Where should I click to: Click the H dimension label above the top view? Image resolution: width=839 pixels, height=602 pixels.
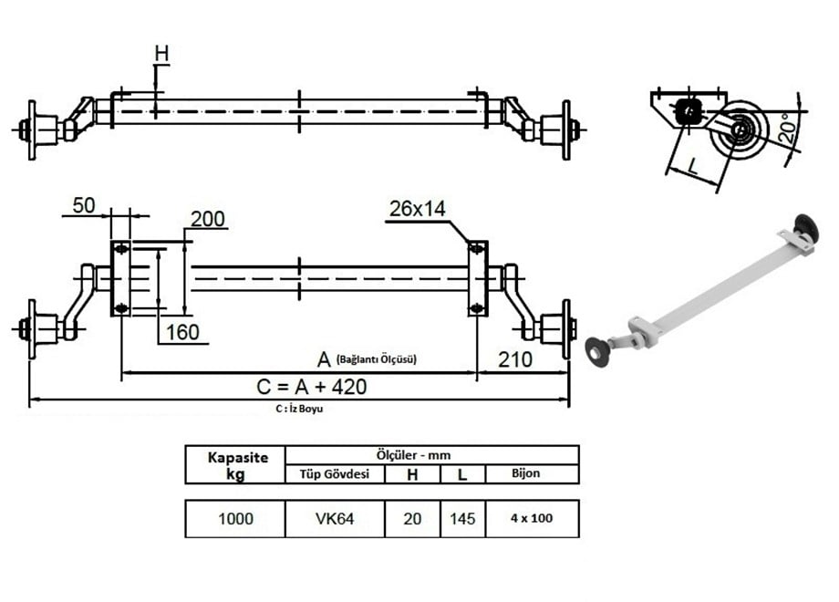[x=161, y=55]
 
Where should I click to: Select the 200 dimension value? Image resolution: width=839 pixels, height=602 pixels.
[x=208, y=219]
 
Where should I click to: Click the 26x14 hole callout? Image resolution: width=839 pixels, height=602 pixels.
[x=416, y=209]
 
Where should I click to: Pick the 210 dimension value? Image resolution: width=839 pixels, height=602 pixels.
[x=515, y=359]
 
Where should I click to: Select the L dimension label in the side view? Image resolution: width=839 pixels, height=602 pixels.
[x=694, y=167]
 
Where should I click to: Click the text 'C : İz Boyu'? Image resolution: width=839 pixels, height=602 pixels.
[x=299, y=410]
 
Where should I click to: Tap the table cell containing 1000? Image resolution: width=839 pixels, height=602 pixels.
[x=235, y=519]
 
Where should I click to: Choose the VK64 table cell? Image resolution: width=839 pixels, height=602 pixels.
[x=335, y=519]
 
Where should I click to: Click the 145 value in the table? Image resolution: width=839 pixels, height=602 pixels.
[x=462, y=519]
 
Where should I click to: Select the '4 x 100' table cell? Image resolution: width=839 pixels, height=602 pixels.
[x=532, y=519]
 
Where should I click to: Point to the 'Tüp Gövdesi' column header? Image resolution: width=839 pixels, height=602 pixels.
[x=335, y=473]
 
